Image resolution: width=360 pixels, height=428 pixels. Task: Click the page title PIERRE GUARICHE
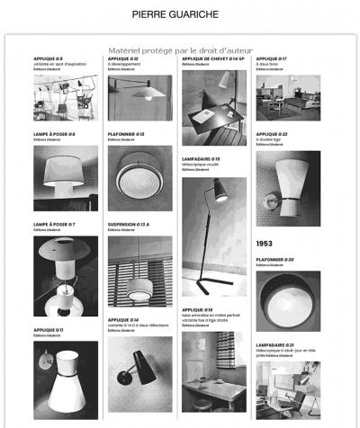[x=179, y=15]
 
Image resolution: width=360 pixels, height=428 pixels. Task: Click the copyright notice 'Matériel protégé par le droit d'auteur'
[x=180, y=50]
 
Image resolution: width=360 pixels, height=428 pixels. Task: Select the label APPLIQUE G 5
[x=48, y=59]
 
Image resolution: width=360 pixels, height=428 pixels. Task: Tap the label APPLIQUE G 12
[x=123, y=59]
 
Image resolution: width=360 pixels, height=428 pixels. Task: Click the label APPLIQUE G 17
[x=271, y=59]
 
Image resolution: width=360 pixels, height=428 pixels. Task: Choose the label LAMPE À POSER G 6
[x=54, y=134]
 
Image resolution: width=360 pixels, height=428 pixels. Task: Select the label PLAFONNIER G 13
[x=126, y=134]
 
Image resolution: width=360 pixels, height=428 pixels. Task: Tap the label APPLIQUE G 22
[x=271, y=134]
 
